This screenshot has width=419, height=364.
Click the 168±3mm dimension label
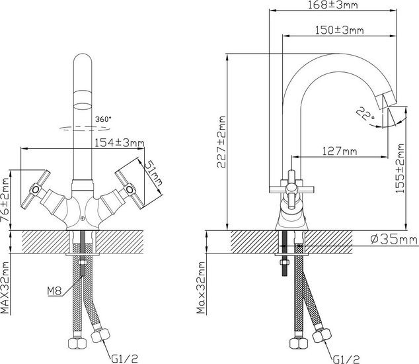click(332, 5)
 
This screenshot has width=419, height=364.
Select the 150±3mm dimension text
click(340, 30)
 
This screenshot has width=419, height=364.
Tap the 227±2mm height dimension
click(221, 142)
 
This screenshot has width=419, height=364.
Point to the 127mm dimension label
click(340, 152)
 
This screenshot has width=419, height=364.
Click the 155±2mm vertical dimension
click(400, 168)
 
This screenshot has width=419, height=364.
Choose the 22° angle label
click(365, 113)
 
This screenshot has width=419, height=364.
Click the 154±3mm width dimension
click(120, 143)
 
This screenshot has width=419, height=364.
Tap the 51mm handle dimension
click(153, 173)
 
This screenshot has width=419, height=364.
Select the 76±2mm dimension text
click(5, 200)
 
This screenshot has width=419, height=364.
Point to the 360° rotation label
click(103, 119)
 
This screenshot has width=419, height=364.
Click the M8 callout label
click(54, 291)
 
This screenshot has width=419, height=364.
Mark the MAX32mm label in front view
click(5, 288)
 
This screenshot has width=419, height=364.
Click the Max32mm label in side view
click(201, 288)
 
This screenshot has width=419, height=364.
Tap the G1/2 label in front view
click(124, 359)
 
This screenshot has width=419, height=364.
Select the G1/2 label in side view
click(346, 359)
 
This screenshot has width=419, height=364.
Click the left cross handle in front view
click(36, 189)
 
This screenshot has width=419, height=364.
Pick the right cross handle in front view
click(130, 189)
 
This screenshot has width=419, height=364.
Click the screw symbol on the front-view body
click(83, 218)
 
